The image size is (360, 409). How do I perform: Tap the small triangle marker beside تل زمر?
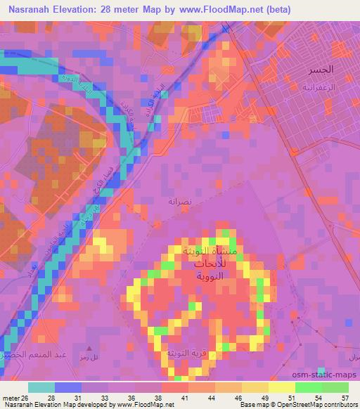tap(89, 347)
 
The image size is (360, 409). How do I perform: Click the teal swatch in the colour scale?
tap(41, 387)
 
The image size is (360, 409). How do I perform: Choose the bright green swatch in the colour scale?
tap(309, 387)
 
